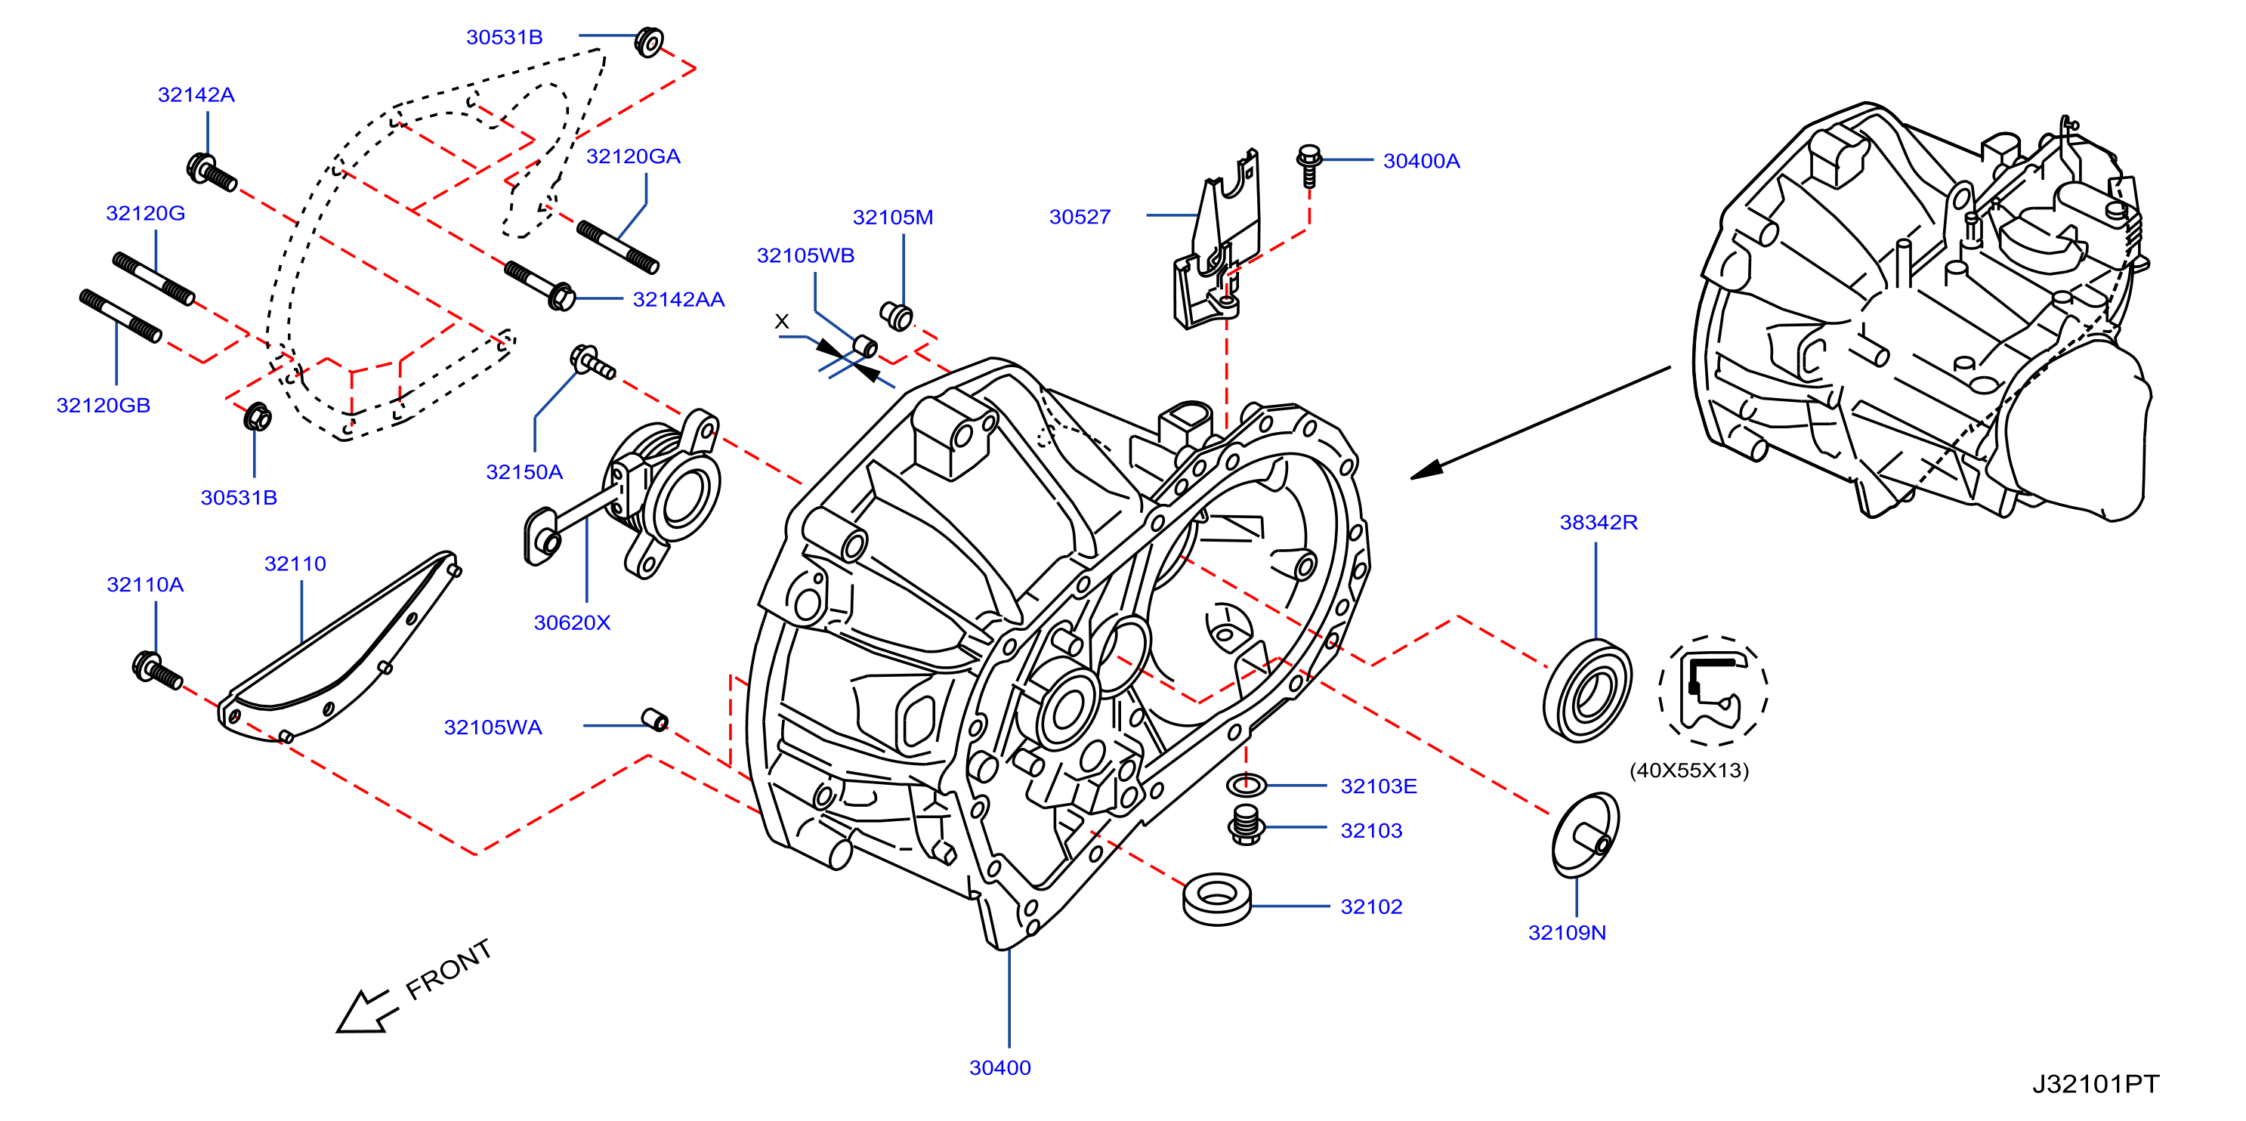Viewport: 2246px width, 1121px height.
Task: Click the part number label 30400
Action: click(1000, 1068)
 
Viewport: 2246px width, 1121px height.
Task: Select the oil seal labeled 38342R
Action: click(1586, 690)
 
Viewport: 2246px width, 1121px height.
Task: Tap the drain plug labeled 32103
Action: click(1246, 823)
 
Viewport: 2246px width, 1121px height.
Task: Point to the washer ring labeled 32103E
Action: click(1246, 785)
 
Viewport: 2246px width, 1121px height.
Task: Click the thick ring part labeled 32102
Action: click(1217, 899)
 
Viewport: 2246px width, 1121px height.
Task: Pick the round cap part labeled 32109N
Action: click(1585, 835)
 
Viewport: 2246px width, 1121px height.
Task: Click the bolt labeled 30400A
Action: click(1308, 165)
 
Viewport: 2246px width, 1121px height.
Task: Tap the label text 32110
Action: click(295, 564)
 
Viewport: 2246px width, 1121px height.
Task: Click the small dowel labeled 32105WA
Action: click(655, 720)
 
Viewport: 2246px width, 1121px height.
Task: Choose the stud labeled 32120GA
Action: click(617, 247)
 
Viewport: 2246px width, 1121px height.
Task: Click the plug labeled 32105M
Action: click(895, 316)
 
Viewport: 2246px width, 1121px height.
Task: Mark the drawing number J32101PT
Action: click(2095, 1085)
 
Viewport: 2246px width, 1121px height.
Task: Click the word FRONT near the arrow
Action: click(448, 969)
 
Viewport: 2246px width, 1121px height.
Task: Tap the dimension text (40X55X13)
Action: click(1689, 770)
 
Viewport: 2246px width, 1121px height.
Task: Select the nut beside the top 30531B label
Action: click(649, 42)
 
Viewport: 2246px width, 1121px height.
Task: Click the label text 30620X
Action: click(572, 622)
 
